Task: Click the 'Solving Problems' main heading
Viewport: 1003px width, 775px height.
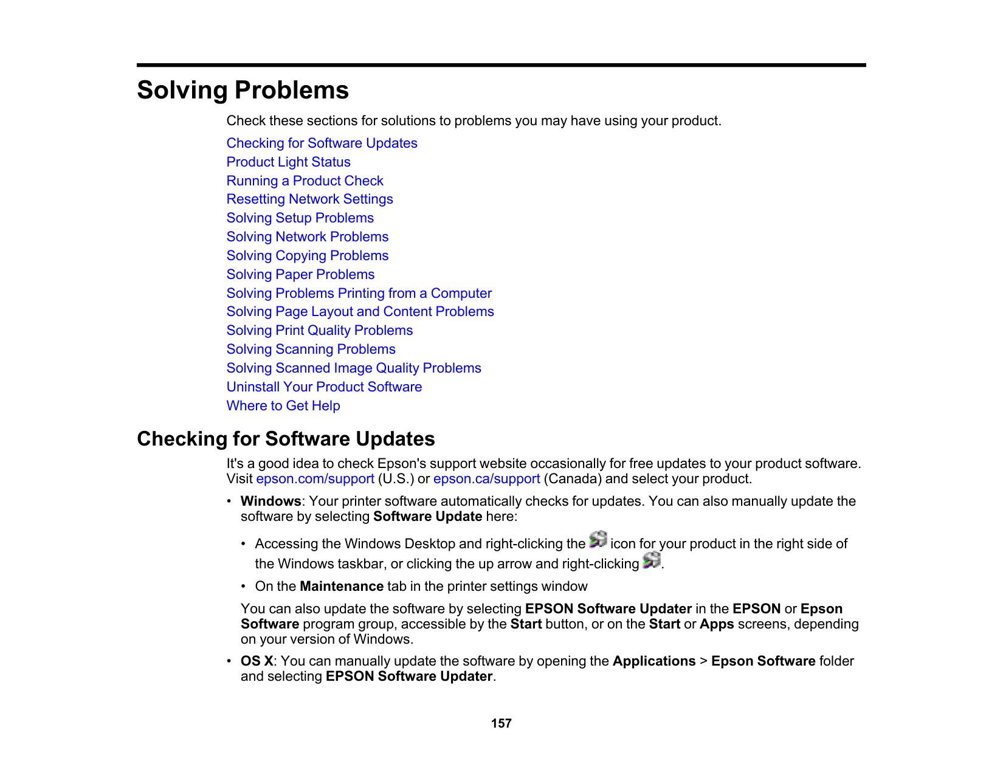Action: coord(243,90)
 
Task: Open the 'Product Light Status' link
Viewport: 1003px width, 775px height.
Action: coord(288,162)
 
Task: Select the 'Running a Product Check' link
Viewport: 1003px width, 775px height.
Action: coord(305,181)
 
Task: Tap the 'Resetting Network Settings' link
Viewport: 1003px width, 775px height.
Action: coord(309,199)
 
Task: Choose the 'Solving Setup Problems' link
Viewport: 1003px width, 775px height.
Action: coord(300,218)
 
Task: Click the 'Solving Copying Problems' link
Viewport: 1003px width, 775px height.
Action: coord(307,256)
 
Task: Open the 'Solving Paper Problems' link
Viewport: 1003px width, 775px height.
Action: coord(300,275)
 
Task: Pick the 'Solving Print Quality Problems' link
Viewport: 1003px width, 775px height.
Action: coord(319,331)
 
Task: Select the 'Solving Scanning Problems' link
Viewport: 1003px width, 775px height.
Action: coord(311,350)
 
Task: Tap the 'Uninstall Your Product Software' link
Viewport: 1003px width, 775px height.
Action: coord(324,387)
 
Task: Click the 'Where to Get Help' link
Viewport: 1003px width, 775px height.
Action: coord(283,406)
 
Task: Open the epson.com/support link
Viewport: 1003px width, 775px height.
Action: coord(315,479)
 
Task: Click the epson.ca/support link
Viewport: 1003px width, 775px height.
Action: coord(486,479)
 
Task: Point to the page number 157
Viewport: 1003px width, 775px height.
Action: coord(501,723)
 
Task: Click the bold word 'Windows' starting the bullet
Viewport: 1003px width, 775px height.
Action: coord(271,501)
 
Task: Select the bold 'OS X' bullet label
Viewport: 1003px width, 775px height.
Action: coord(257,661)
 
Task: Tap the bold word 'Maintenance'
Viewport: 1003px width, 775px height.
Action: coord(341,587)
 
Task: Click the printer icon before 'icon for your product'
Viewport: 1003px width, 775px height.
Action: coord(598,539)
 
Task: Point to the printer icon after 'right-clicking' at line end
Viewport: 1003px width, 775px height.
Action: coord(651,560)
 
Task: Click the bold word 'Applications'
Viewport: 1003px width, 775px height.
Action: coord(653,661)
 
